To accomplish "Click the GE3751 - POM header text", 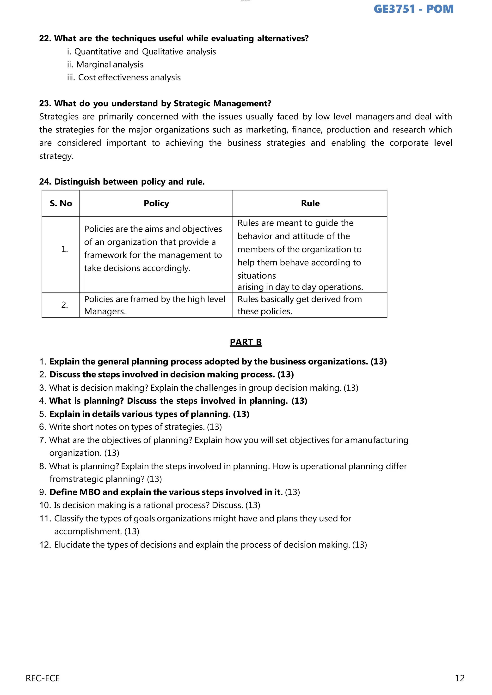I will point(413,9).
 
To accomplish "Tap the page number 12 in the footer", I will point(459,678).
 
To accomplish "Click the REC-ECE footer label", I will point(43,678).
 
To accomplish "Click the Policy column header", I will point(156,204).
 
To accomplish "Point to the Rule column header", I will point(310,204).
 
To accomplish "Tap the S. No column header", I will point(61,204).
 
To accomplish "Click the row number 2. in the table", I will point(65,305).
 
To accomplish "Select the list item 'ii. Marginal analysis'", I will point(105,65).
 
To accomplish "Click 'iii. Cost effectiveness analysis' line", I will point(124,78).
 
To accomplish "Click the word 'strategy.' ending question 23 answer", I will point(56,156).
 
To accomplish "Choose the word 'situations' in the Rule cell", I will point(257,276).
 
